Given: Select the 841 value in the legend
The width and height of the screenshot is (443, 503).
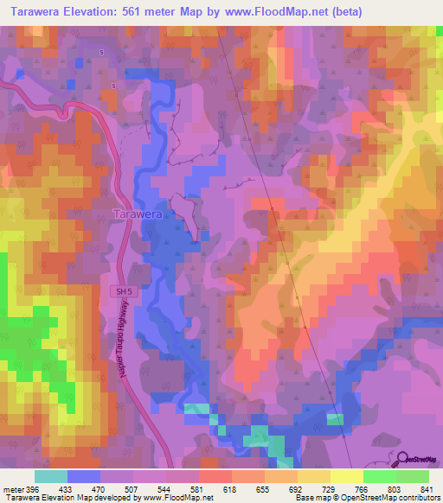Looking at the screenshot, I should click(428, 488).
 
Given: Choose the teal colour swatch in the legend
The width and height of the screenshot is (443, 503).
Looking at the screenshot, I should click(51, 476).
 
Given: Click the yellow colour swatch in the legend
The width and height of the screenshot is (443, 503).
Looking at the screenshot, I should click(346, 476).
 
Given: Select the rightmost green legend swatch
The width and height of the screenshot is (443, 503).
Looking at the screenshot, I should click(412, 476).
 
